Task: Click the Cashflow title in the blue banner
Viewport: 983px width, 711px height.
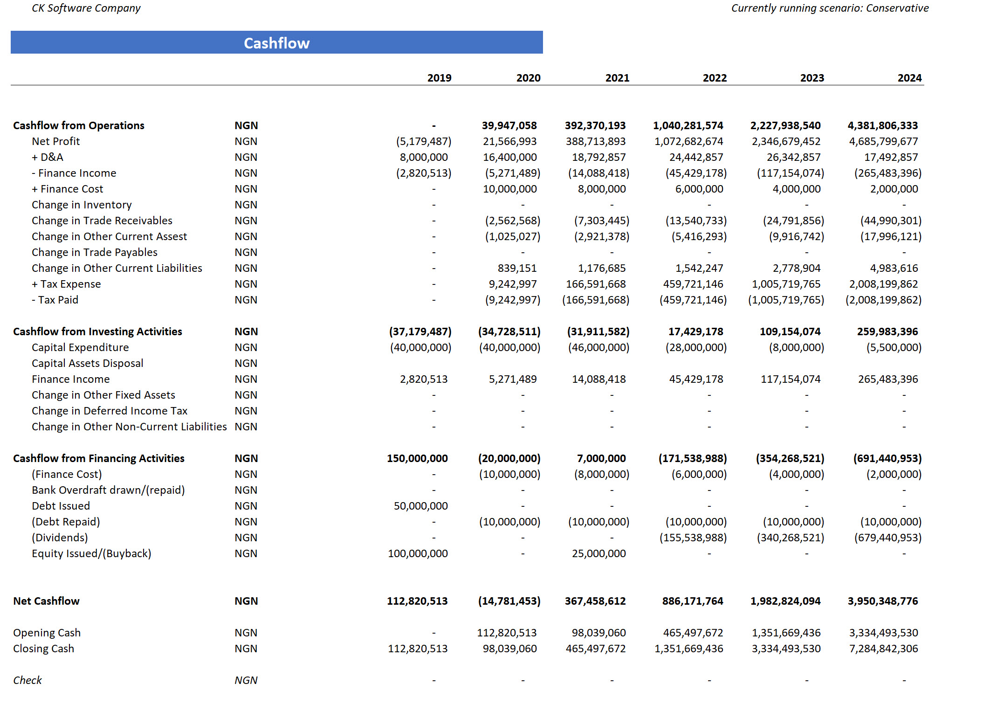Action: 276,43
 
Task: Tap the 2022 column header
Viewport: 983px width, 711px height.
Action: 715,78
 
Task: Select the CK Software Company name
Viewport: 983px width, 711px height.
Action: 86,8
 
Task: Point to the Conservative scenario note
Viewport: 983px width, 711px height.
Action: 830,8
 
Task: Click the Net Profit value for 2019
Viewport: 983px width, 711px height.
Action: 424,141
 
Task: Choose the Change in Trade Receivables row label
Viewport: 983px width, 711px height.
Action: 102,221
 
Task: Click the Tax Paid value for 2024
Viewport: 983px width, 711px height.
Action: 883,300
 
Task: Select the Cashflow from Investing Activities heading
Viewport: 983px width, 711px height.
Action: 97,331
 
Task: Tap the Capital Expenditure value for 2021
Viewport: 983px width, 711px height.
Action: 598,347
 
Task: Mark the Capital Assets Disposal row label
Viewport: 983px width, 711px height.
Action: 87,363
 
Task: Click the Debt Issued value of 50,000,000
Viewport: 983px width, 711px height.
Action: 420,506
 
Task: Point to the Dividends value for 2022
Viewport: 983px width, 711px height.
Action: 693,538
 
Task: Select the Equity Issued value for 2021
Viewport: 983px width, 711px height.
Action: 598,553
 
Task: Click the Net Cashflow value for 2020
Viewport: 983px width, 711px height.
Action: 509,601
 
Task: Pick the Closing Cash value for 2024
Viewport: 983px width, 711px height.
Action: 883,649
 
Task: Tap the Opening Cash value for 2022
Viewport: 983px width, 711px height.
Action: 693,633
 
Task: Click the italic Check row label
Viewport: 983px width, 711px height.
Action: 27,680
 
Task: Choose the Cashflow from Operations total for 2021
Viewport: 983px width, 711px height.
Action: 595,125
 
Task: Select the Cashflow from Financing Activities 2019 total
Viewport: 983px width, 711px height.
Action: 417,458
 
